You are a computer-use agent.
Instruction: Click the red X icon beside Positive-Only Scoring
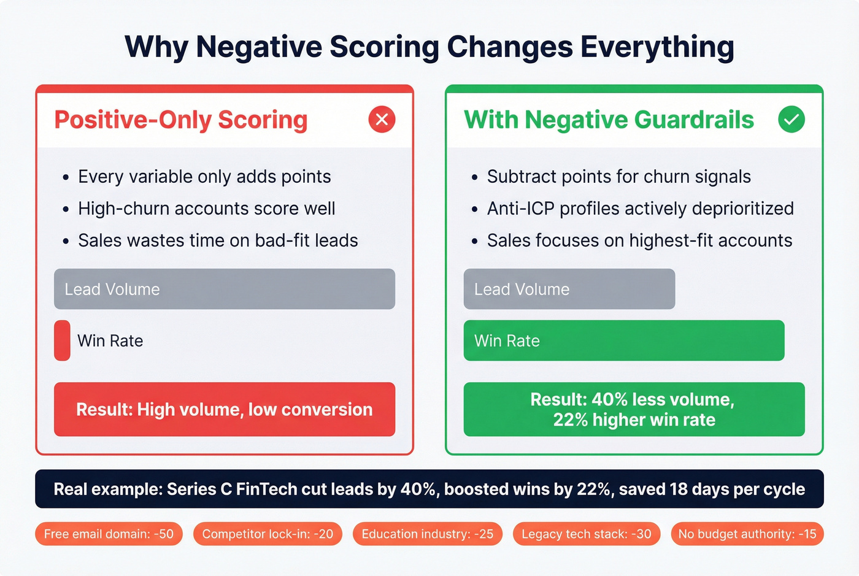tap(382, 119)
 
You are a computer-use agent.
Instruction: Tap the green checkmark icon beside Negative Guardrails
tap(792, 119)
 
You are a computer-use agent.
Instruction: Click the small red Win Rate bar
tap(62, 340)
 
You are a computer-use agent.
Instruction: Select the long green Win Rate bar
tap(623, 340)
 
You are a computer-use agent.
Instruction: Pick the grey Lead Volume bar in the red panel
tap(225, 289)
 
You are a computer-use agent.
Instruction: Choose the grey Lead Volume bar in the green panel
tap(569, 289)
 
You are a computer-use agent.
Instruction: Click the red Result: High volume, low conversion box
tap(225, 409)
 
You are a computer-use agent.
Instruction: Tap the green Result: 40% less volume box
tap(634, 409)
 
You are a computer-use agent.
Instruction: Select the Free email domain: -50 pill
tap(109, 534)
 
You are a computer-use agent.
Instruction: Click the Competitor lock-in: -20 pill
tap(268, 534)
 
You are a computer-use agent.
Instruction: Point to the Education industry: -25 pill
tap(427, 534)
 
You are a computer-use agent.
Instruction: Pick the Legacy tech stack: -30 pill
tap(586, 534)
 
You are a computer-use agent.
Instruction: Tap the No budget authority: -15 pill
tap(747, 534)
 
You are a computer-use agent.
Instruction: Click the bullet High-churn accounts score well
tap(206, 209)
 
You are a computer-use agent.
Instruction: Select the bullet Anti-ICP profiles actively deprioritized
tap(640, 209)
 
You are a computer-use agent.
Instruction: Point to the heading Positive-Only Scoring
tap(181, 120)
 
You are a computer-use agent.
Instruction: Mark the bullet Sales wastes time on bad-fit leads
tap(218, 240)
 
